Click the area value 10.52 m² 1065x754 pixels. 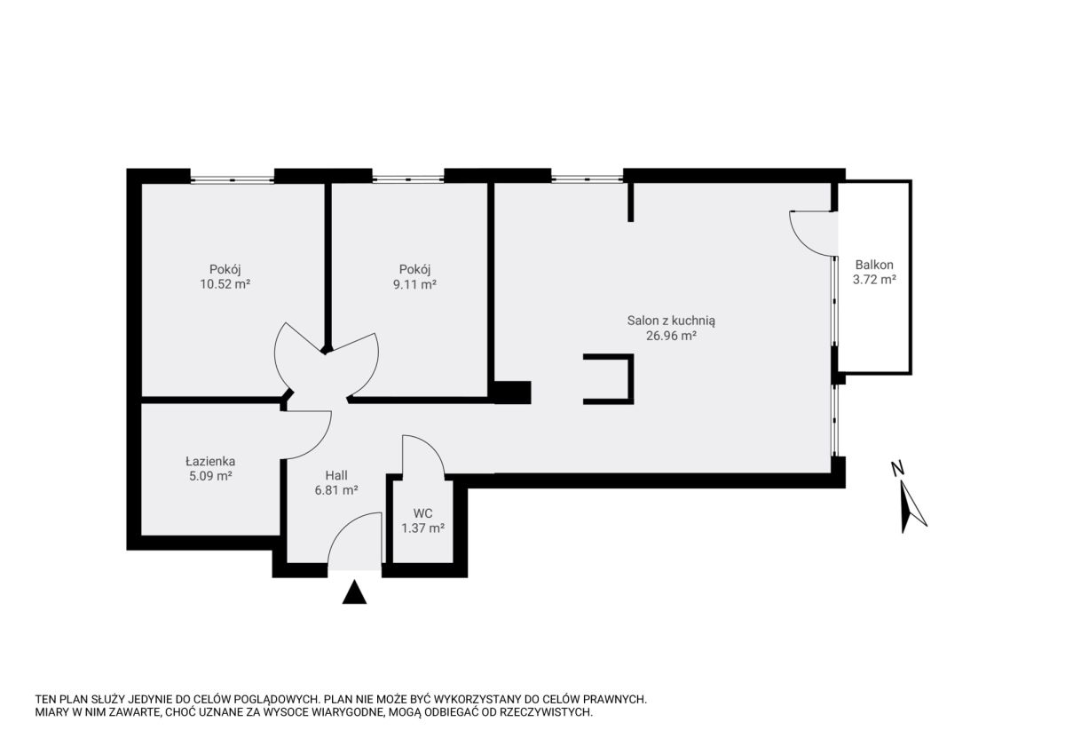coord(225,284)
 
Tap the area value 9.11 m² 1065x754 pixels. coord(414,284)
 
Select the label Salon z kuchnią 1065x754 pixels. coord(671,321)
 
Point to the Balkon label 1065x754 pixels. coord(874,265)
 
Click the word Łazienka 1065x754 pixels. coord(210,461)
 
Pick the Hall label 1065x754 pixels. coord(336,475)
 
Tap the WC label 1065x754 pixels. coord(422,513)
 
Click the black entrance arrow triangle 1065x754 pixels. coord(354,592)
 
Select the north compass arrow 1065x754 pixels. coord(913,507)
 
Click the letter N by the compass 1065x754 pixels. coord(897,469)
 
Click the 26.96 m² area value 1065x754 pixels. coord(671,336)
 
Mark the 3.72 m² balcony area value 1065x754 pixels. coord(874,279)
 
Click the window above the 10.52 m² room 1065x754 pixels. coord(232,179)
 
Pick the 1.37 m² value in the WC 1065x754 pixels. coord(422,528)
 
